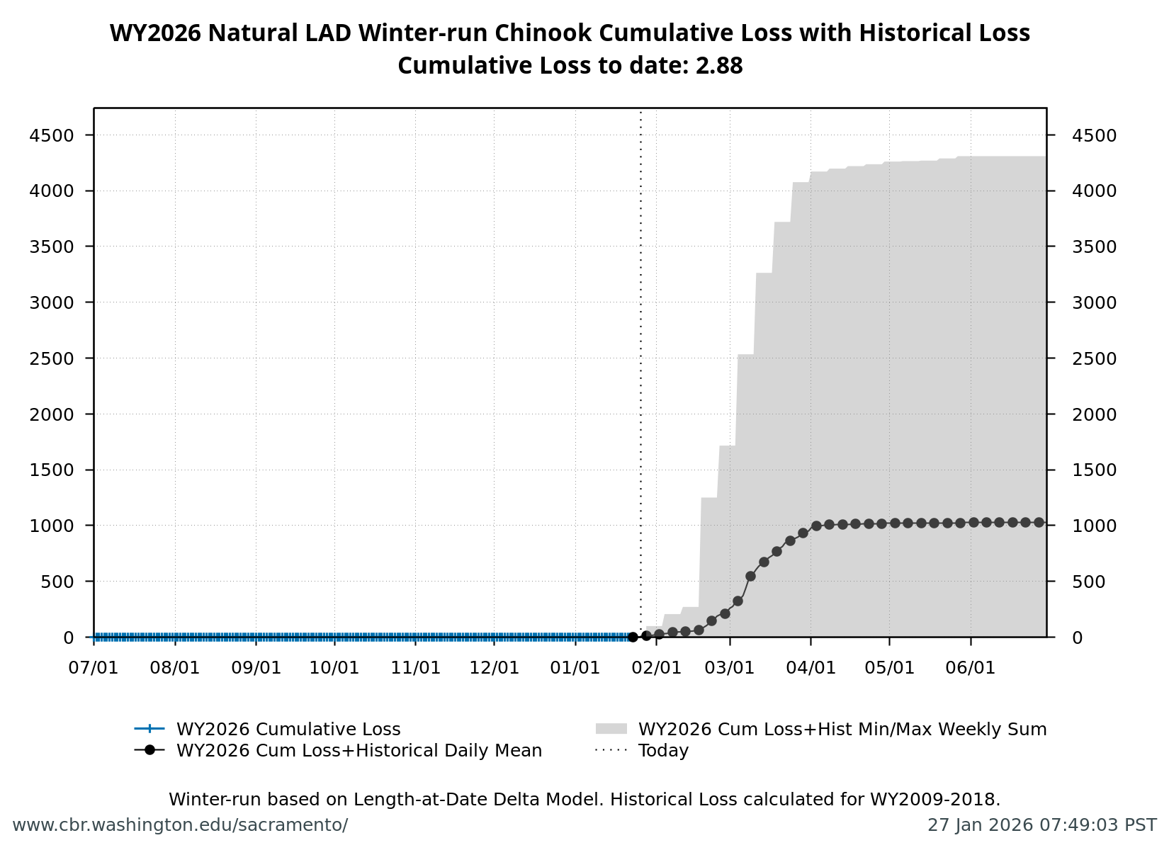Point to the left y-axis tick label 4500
pyautogui.click(x=52, y=135)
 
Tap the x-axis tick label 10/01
pyautogui.click(x=335, y=668)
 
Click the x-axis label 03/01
pyautogui.click(x=730, y=668)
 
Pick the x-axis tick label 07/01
pyautogui.click(x=94, y=668)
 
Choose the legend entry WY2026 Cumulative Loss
pyautogui.click(x=288, y=730)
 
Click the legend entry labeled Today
pyautogui.click(x=663, y=751)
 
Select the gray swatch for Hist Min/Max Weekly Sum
pyautogui.click(x=611, y=729)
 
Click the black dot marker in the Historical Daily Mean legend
pyautogui.click(x=149, y=750)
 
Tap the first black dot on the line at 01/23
pyautogui.click(x=633, y=637)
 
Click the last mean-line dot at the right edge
pyautogui.click(x=1039, y=522)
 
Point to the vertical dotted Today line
pyautogui.click(x=641, y=354)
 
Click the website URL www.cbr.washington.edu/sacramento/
pyautogui.click(x=180, y=825)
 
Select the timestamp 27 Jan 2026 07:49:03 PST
pyautogui.click(x=1041, y=825)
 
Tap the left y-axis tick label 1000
pyautogui.click(x=52, y=526)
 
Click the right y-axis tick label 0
pyautogui.click(x=1077, y=637)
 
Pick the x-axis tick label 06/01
pyautogui.click(x=971, y=668)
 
